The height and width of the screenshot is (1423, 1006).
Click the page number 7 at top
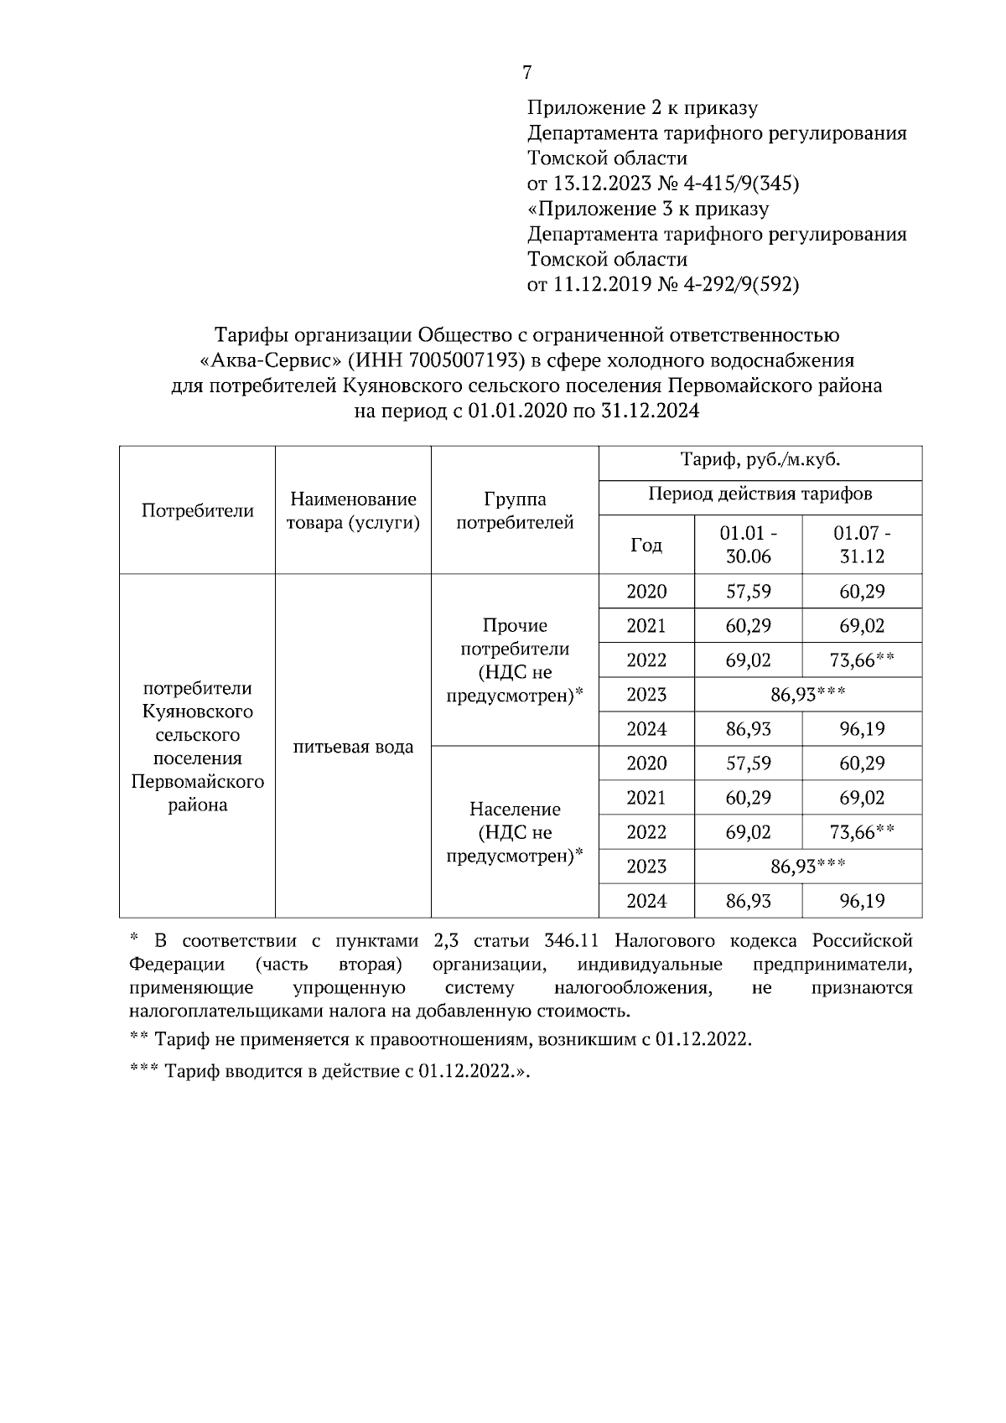pyautogui.click(x=526, y=73)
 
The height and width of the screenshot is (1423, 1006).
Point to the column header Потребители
pyautogui.click(x=198, y=510)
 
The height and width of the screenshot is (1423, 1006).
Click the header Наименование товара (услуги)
pyautogui.click(x=353, y=510)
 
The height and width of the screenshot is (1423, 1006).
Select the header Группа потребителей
pyautogui.click(x=515, y=510)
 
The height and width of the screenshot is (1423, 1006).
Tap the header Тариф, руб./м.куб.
pyautogui.click(x=760, y=461)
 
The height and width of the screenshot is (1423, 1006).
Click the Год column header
pyautogui.click(x=646, y=545)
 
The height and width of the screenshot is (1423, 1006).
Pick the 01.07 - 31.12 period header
pyautogui.click(x=862, y=545)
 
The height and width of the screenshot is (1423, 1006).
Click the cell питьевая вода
pyautogui.click(x=353, y=747)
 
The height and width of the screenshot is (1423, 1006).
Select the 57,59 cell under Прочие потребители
pyautogui.click(x=748, y=592)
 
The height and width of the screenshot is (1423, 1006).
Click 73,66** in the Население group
pyautogui.click(x=862, y=832)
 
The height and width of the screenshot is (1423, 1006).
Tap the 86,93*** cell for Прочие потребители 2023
pyautogui.click(x=807, y=694)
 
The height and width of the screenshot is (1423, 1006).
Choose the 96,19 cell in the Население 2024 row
pyautogui.click(x=862, y=901)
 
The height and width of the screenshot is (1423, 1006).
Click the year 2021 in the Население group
pyautogui.click(x=646, y=798)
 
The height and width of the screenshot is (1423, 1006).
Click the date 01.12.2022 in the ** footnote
pyautogui.click(x=703, y=1040)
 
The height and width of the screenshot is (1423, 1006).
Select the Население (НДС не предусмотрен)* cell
pyautogui.click(x=515, y=832)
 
